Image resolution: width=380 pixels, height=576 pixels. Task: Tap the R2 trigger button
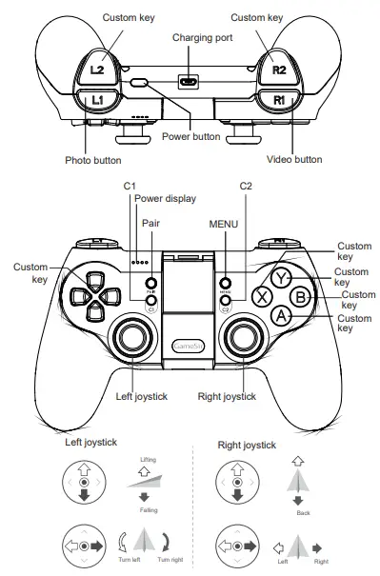click(x=277, y=69)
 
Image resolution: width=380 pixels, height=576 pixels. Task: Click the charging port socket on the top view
click(x=190, y=81)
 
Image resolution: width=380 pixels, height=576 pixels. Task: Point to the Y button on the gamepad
click(x=279, y=277)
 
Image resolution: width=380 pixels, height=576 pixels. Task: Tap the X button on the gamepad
click(x=260, y=295)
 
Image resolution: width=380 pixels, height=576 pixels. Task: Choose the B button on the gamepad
click(x=299, y=295)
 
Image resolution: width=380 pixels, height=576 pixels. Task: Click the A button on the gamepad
click(x=279, y=314)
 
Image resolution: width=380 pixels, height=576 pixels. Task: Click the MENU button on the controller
click(x=226, y=283)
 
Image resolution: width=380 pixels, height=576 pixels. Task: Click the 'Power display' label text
click(x=165, y=199)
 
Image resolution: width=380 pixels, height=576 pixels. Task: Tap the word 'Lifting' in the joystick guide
click(x=148, y=460)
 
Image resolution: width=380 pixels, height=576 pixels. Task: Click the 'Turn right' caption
click(x=170, y=560)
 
